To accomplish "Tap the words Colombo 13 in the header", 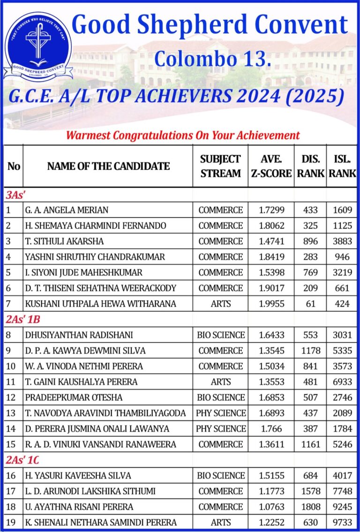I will click(212, 59).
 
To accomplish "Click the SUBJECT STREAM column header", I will click(220, 166).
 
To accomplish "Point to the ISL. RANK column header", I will click(342, 166).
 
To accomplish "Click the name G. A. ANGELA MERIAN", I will click(61, 210).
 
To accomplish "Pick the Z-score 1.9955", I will click(271, 304).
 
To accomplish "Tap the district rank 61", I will click(310, 304).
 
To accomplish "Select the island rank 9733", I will click(342, 522).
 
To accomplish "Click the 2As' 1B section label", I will click(23, 319).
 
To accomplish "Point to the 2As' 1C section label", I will click(23, 460).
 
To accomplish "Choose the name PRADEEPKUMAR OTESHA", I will click(74, 397).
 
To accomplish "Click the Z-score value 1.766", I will click(271, 428).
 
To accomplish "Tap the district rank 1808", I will click(310, 507).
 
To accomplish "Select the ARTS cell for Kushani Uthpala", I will click(220, 304).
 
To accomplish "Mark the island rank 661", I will click(342, 288).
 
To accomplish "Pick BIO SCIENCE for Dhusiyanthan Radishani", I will click(221, 335).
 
